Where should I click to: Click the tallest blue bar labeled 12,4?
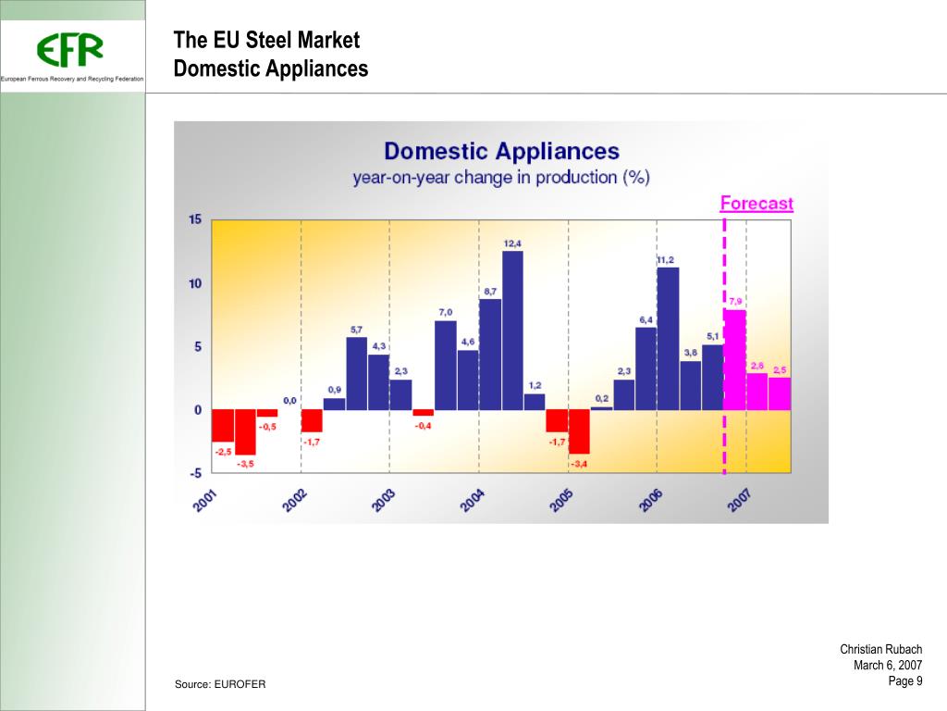point(512,331)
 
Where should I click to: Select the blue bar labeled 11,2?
point(668,339)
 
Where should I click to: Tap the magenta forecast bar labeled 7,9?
point(735,360)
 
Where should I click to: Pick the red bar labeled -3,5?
point(245,432)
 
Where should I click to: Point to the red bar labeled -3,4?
point(579,431)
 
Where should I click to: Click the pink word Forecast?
point(756,204)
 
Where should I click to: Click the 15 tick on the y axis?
point(195,219)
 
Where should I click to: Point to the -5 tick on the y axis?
point(194,473)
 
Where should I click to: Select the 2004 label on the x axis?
point(473,501)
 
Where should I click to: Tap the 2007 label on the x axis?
point(740,501)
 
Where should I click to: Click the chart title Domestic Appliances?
point(501,151)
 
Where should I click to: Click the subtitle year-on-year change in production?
point(500,178)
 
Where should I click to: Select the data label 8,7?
point(490,292)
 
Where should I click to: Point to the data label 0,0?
point(289,400)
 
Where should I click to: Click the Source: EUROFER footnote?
point(220,684)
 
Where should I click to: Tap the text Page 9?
point(905,681)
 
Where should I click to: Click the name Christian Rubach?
point(880,650)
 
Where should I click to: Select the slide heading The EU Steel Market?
point(266,41)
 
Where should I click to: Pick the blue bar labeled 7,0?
point(446,365)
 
